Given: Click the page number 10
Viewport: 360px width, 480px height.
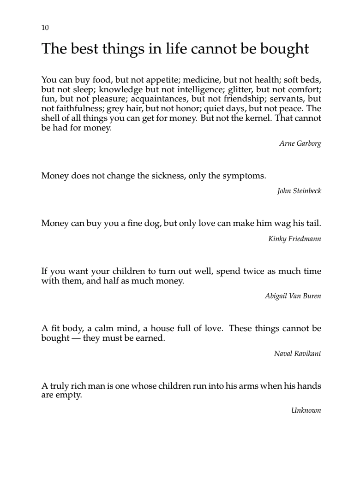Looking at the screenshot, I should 45,28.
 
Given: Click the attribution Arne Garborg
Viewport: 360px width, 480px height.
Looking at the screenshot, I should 300,143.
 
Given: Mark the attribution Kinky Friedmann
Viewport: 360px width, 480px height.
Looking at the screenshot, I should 294,239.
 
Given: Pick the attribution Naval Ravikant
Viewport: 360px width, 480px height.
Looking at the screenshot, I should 297,354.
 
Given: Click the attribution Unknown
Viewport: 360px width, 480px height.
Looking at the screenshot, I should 306,410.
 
